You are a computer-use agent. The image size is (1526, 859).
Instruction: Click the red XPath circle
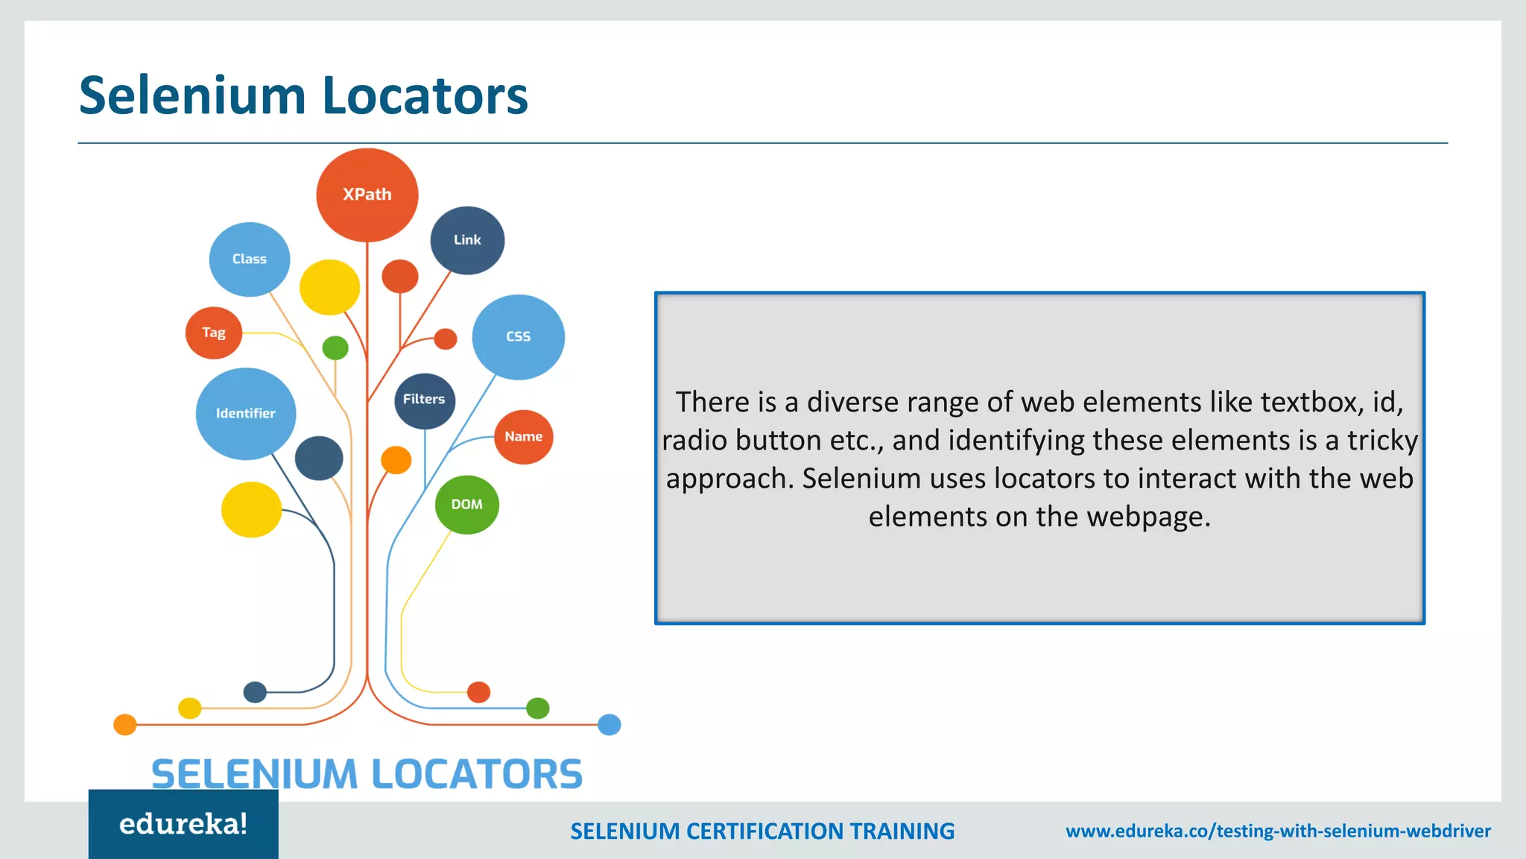click(367, 195)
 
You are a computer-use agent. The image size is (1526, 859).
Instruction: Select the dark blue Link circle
click(467, 240)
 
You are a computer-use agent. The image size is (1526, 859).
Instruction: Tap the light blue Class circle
click(250, 259)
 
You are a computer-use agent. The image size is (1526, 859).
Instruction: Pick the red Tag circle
click(214, 333)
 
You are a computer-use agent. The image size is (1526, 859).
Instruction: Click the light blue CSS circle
click(518, 336)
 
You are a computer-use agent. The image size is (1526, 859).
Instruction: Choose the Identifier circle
click(246, 413)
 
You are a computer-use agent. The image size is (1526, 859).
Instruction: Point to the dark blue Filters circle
click(425, 400)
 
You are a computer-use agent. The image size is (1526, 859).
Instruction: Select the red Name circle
click(523, 437)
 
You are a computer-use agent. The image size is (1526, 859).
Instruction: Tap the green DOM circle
click(467, 505)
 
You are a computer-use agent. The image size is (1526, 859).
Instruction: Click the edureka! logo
click(183, 824)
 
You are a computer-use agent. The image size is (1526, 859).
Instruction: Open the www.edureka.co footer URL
click(1278, 831)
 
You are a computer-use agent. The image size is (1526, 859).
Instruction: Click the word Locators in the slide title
click(425, 95)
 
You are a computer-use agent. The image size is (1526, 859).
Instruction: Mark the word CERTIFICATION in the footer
click(765, 831)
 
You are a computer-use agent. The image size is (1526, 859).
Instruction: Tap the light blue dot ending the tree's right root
click(610, 724)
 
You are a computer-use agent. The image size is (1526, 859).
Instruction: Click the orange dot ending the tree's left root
click(125, 724)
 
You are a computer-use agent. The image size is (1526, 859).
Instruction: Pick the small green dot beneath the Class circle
click(335, 347)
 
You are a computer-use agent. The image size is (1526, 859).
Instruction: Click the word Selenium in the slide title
click(192, 95)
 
